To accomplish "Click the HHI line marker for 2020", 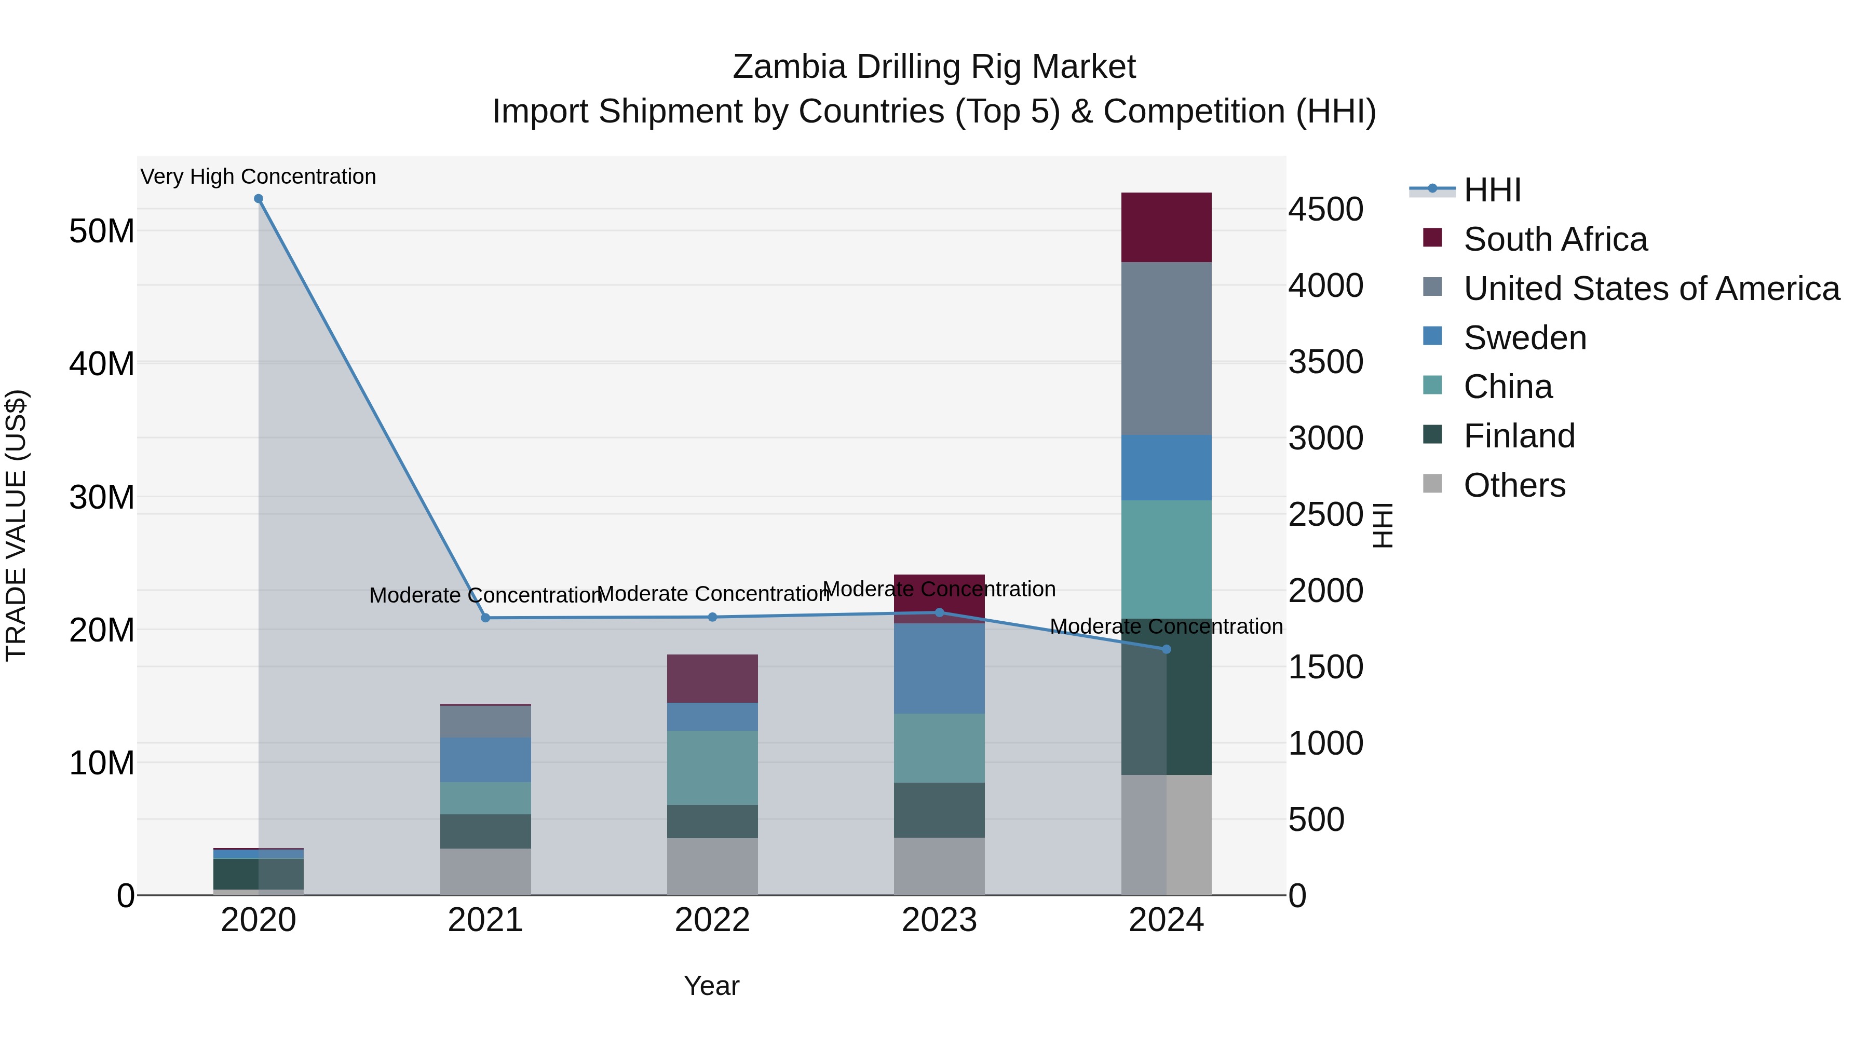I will click(259, 199).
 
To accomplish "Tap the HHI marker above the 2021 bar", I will click(485, 618).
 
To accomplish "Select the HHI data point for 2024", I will click(1167, 649).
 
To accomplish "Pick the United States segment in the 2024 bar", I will click(1166, 348).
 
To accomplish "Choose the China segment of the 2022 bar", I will click(712, 768).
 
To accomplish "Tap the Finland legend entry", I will click(1519, 436).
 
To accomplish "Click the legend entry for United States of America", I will click(1650, 289).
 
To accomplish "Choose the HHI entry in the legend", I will click(1492, 190).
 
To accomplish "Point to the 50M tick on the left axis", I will click(102, 231).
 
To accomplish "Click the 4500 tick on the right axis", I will click(1325, 210).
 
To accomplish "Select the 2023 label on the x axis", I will click(939, 920).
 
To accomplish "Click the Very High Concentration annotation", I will click(259, 176).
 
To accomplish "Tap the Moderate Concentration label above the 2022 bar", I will click(712, 594).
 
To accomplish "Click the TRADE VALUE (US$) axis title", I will click(16, 525).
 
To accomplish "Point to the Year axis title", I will click(711, 986).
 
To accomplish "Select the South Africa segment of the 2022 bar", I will click(712, 678).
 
